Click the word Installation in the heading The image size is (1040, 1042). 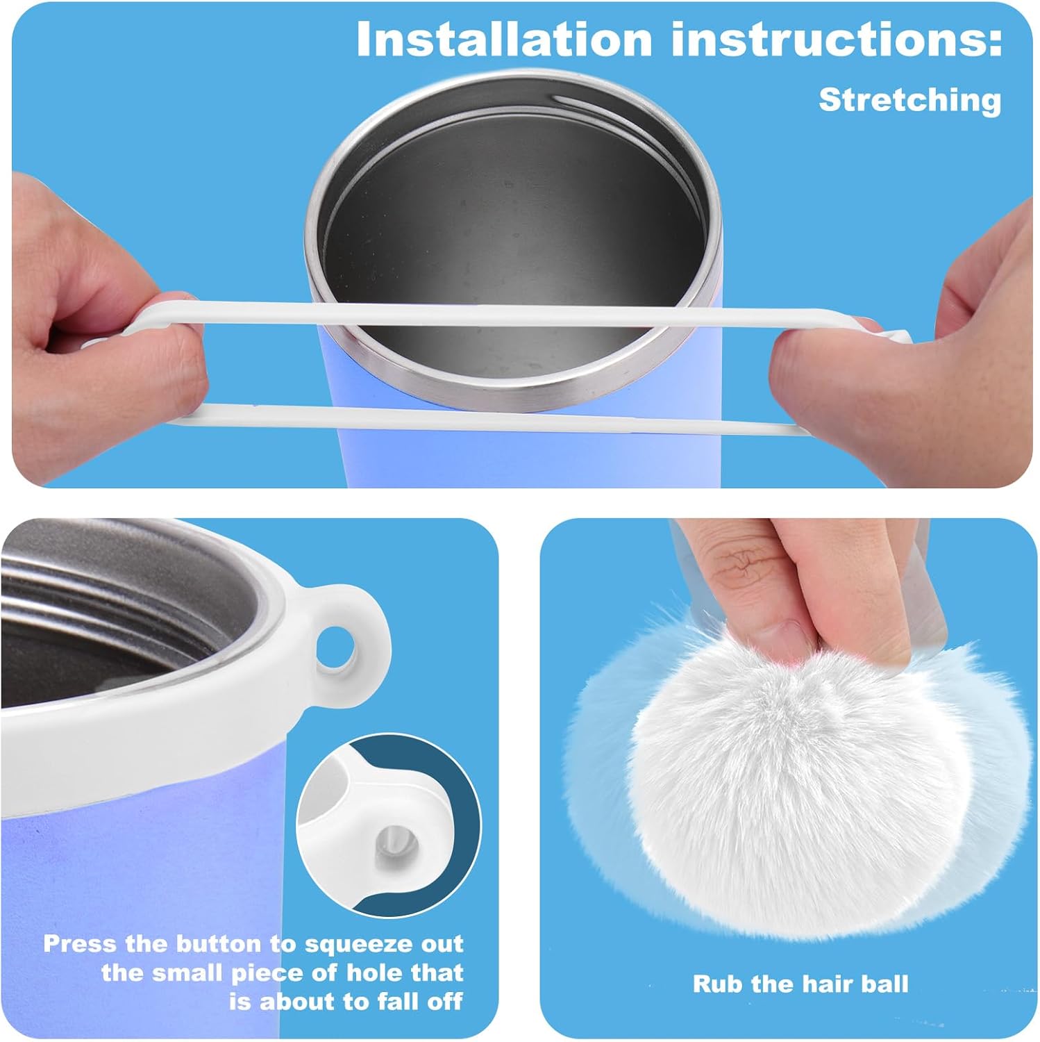[x=504, y=41]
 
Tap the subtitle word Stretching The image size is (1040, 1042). [x=910, y=100]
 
